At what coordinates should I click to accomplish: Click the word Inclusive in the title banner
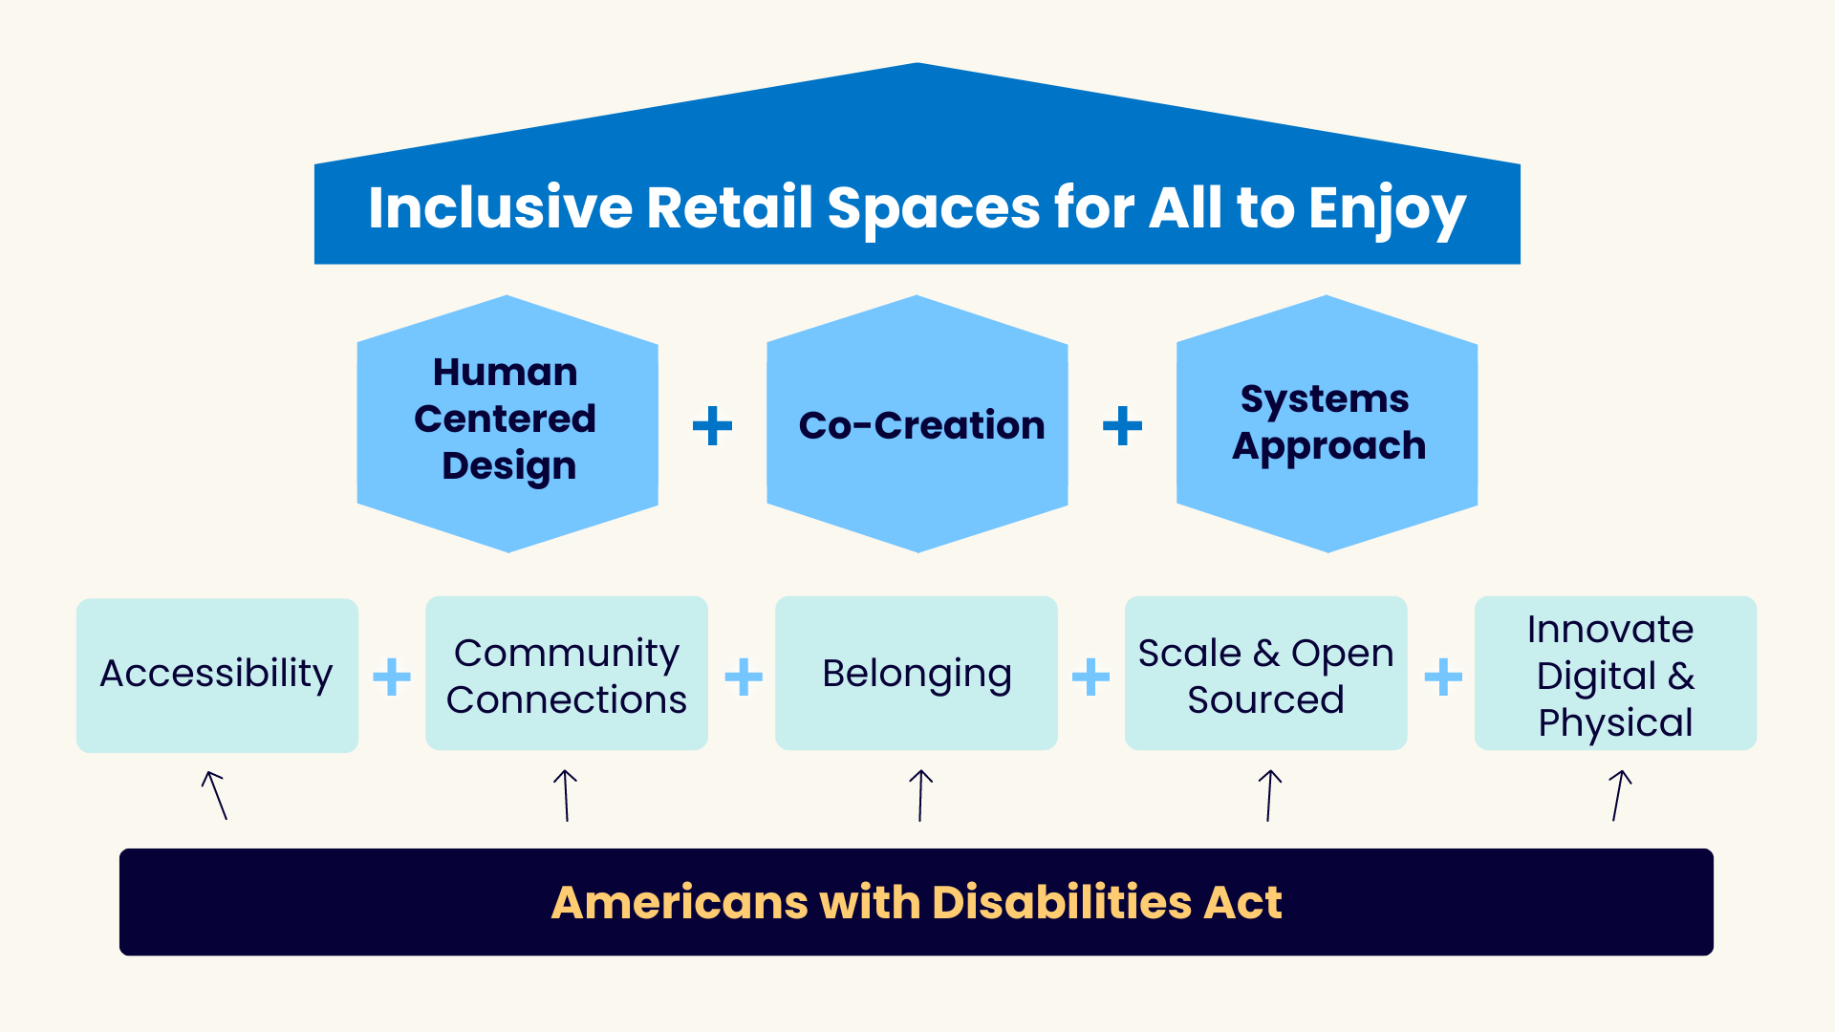(500, 207)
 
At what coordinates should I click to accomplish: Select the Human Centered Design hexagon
(507, 423)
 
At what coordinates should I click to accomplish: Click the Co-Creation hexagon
(917, 423)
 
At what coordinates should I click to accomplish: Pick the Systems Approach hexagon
(1327, 423)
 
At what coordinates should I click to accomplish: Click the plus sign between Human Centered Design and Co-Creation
(712, 425)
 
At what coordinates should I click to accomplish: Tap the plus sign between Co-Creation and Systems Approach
(1122, 425)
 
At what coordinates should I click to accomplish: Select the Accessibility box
(217, 675)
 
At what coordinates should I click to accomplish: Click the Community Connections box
(566, 675)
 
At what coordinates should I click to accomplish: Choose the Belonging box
(916, 675)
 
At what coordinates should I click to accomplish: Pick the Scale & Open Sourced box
(1265, 675)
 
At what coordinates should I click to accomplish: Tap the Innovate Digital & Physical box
(1615, 675)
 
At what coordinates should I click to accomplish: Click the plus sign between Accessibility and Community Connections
(391, 677)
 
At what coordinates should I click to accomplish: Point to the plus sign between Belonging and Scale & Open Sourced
(1090, 677)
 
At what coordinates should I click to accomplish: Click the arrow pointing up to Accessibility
(215, 795)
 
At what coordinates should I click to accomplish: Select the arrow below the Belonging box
(920, 795)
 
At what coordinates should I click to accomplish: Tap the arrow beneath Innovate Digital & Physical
(1619, 795)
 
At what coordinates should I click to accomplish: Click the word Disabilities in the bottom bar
(1061, 902)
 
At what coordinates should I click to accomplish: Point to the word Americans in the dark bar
(680, 902)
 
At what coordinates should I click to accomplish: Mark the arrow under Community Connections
(566, 795)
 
